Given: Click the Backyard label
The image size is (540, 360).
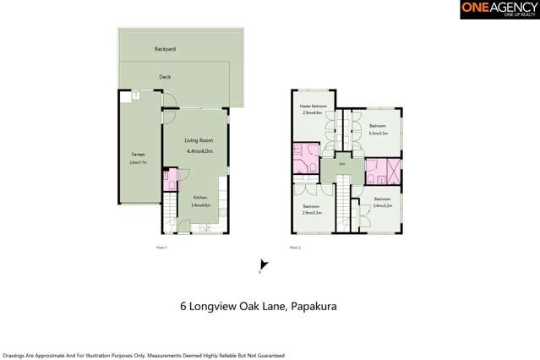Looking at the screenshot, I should pos(164,49).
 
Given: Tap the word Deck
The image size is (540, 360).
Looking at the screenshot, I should pos(165,77).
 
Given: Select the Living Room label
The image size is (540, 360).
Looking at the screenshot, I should pos(199,139).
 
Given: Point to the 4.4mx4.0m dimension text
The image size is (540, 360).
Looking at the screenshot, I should pos(199,150).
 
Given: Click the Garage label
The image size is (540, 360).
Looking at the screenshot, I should pos(137,155).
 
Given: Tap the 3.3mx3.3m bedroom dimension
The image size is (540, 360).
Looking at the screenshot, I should pos(378,133).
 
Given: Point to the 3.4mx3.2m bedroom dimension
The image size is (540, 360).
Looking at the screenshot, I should pos(384,205).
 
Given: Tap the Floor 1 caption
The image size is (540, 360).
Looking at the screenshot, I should pos(163,247).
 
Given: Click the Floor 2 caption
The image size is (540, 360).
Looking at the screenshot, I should pos(295,247).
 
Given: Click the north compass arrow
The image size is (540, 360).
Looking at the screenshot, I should pos(264,265).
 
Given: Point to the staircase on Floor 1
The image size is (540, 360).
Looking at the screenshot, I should pos(172,210).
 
